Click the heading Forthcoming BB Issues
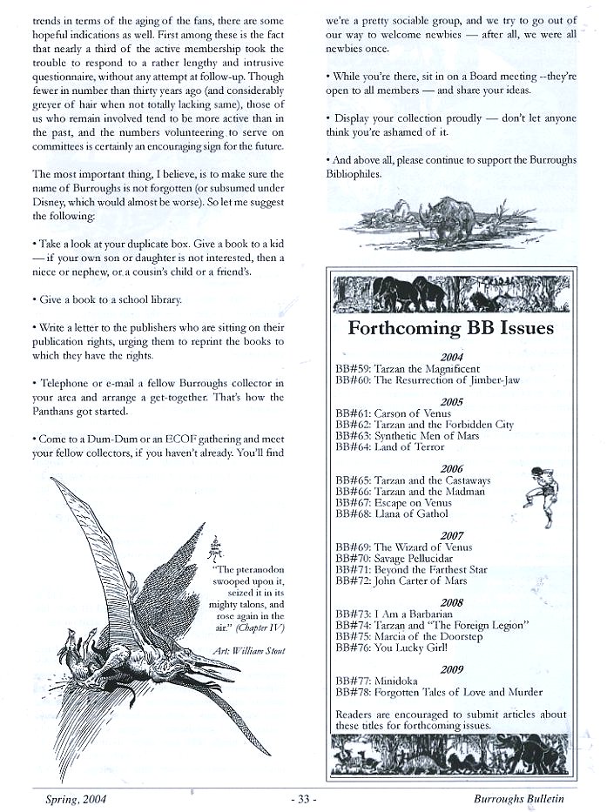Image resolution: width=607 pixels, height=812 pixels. pos(450,328)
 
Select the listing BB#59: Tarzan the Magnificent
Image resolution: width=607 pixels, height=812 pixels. pos(407,369)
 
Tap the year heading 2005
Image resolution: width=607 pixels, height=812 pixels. pos(452,402)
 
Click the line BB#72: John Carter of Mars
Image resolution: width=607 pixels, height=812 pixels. pos(401,580)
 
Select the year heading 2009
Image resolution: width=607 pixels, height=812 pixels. pos(452,669)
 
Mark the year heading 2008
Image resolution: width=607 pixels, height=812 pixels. pos(452,602)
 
